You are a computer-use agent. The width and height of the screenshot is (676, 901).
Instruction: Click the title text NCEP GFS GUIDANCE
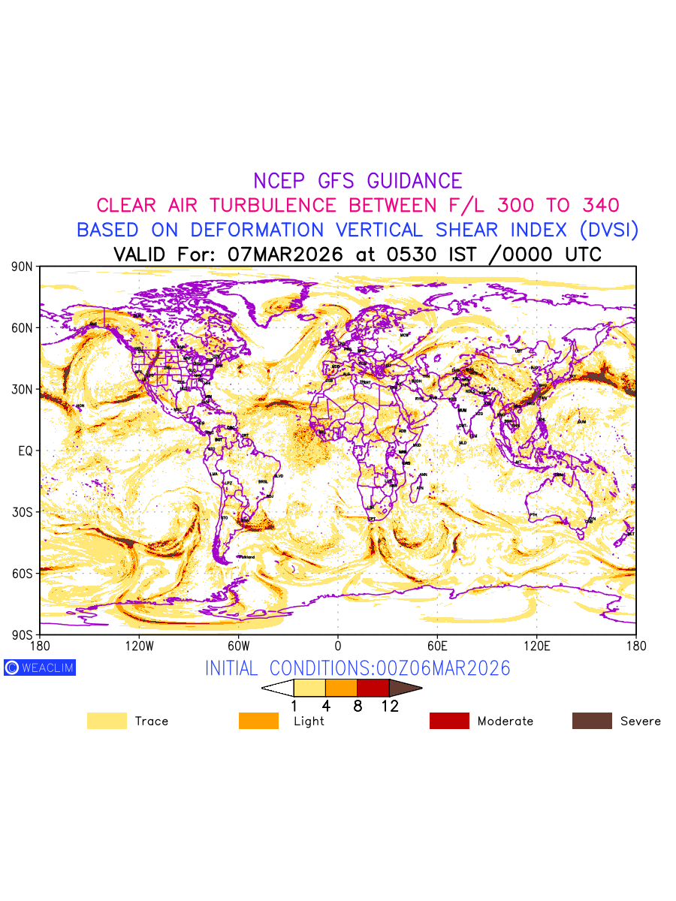coord(358,181)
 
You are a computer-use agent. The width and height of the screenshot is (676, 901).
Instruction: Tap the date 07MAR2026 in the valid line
coord(285,255)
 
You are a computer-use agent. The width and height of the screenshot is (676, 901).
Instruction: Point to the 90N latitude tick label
coord(22,267)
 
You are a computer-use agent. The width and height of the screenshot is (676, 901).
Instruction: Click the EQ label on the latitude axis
coord(26,450)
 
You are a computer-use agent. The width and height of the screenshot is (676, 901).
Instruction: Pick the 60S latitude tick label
coord(22,574)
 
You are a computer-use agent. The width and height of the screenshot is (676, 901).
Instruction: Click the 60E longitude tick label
coord(437,646)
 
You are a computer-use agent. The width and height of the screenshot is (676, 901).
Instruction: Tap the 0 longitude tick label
coord(338,646)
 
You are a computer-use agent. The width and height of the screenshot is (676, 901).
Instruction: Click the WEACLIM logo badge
coord(40,667)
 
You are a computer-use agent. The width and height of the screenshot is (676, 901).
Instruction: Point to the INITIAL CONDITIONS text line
coord(358,668)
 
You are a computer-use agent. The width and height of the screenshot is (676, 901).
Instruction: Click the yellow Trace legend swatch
coord(107,721)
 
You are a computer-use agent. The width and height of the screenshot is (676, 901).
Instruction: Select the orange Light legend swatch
coord(258,721)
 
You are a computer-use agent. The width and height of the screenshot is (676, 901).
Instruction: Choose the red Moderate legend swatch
coord(449,721)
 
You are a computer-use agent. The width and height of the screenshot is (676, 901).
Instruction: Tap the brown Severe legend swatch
coord(592,721)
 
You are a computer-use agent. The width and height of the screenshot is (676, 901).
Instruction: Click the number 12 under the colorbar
coord(390,706)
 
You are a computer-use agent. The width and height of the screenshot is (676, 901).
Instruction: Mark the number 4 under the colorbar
coord(326,706)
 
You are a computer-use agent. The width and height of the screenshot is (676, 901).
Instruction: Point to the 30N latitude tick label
coord(22,390)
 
